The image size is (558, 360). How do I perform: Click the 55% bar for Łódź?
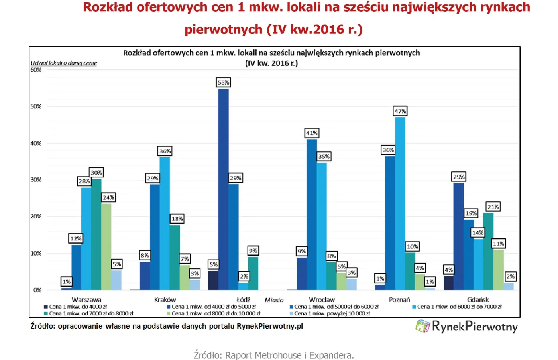pyautogui.click(x=223, y=189)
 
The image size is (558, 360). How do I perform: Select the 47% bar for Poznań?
pyautogui.click(x=400, y=203)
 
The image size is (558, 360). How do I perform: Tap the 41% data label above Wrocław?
pyautogui.click(x=312, y=133)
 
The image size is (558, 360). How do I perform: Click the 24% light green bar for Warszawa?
pyautogui.click(x=106, y=247)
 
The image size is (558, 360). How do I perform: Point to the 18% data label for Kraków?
pyautogui.click(x=177, y=219)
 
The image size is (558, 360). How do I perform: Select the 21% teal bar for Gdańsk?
pyautogui.click(x=488, y=252)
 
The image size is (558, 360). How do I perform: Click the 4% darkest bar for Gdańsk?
pyautogui.click(x=448, y=283)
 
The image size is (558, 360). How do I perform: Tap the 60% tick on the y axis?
pyautogui.click(x=36, y=70)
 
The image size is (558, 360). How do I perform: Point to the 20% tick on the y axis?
pyautogui.click(x=36, y=216)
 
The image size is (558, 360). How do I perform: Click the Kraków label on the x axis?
pyautogui.click(x=165, y=299)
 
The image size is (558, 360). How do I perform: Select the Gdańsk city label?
pyautogui.click(x=477, y=299)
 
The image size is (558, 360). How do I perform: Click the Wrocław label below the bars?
pyautogui.click(x=322, y=299)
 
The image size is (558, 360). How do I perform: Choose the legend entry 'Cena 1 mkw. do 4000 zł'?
pyautogui.click(x=75, y=307)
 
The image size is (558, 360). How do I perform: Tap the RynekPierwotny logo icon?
pyautogui.click(x=422, y=326)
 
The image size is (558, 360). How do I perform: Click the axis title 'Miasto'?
pyautogui.click(x=274, y=300)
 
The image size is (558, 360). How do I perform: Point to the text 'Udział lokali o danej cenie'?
pyautogui.click(x=64, y=63)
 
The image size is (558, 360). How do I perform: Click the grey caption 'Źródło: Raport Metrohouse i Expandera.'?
pyautogui.click(x=273, y=355)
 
